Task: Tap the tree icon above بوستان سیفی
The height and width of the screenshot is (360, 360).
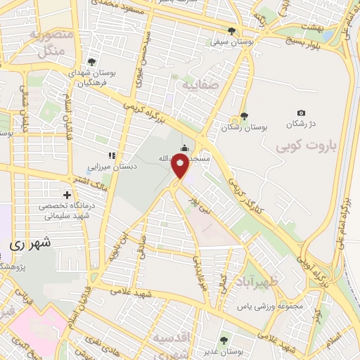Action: point(232,30)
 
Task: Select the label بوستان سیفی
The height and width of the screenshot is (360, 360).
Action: point(232,42)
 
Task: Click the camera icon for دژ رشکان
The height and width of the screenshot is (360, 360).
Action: point(301,113)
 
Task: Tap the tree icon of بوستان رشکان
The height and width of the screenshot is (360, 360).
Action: point(243,116)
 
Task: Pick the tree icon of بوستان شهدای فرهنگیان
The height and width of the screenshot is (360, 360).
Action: point(91,62)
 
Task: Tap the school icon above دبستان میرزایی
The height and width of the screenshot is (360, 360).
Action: point(110,155)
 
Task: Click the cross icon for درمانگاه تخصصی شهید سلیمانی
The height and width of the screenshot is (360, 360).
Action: point(67,194)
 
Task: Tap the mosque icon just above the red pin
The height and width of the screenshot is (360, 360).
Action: point(185,148)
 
